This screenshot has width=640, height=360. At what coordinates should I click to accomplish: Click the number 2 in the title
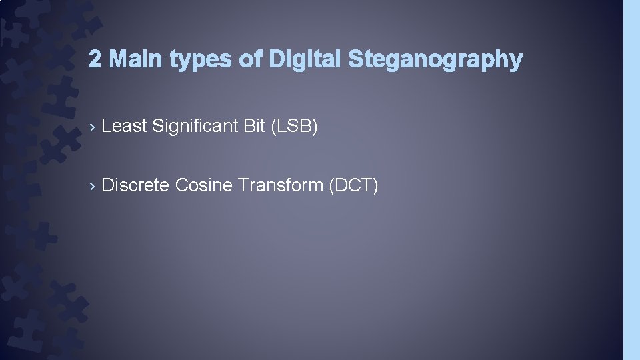(x=95, y=60)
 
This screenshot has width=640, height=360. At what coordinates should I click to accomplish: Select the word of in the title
(x=251, y=60)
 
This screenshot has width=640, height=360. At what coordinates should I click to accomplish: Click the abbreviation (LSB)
(x=295, y=126)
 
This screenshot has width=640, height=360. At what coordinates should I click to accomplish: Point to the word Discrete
(x=135, y=185)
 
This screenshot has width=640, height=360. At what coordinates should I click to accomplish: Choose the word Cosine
(x=203, y=185)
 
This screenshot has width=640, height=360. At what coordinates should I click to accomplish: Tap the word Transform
(x=281, y=185)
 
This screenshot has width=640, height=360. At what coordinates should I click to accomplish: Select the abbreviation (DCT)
(x=354, y=185)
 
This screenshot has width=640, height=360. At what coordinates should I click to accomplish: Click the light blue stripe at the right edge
(x=631, y=180)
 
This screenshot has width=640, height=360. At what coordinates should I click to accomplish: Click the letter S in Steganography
(x=354, y=60)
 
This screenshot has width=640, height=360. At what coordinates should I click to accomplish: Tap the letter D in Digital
(x=275, y=60)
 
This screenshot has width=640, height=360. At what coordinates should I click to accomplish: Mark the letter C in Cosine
(x=181, y=185)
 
